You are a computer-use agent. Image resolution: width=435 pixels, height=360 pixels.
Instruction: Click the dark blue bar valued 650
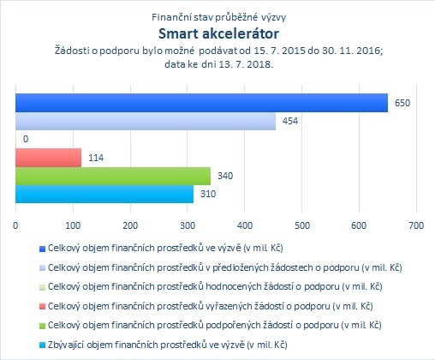(201, 103)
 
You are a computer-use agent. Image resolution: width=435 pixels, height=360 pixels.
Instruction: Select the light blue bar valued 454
(146, 121)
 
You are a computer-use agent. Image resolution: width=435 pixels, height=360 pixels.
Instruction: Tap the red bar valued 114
(48, 158)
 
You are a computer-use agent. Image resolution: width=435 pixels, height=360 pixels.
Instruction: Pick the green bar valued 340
(113, 176)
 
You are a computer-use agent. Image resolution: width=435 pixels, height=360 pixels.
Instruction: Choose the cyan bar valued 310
(104, 194)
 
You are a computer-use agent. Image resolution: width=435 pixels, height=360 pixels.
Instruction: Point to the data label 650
(402, 103)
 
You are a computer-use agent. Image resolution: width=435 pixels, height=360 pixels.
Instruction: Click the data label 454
(290, 121)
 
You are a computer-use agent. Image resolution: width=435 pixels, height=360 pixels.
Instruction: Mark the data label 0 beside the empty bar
(26, 139)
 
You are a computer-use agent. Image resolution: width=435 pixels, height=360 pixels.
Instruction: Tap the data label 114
(96, 158)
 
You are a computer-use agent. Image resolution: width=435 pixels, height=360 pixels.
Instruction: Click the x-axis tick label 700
(416, 225)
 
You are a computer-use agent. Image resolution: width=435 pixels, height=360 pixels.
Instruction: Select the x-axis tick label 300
(188, 225)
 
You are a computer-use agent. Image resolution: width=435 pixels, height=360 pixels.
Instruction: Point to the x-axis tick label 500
(302, 225)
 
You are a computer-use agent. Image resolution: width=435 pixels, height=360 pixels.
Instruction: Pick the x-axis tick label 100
(73, 225)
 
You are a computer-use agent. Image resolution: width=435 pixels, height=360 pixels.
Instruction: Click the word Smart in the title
(178, 33)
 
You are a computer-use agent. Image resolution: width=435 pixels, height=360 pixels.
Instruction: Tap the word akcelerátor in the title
(241, 33)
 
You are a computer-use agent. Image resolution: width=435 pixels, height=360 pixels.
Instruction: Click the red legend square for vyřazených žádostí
(42, 307)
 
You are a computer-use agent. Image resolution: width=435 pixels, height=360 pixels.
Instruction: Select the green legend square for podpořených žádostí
(42, 326)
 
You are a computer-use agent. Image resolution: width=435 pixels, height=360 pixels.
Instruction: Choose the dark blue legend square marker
(42, 249)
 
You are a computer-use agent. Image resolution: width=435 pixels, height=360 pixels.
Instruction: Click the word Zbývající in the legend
(66, 345)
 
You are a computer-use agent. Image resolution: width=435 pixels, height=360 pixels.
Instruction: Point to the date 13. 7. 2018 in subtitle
(246, 64)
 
